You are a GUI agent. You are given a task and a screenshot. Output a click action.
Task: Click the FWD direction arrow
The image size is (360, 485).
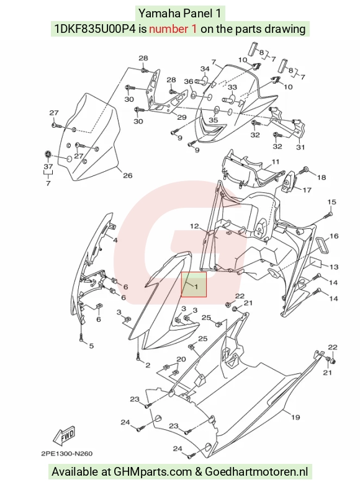coord(64,436)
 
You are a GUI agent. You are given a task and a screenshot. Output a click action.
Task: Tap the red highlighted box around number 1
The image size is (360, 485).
coord(194,285)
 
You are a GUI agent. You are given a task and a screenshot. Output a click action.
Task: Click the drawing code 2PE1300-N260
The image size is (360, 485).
coord(66,454)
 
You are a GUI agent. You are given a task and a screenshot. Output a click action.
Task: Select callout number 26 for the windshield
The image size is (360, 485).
coord(127,176)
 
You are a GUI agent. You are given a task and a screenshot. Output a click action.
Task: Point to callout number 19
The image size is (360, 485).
coord(295,417)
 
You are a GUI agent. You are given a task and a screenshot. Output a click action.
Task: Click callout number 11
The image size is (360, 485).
coord(276,162)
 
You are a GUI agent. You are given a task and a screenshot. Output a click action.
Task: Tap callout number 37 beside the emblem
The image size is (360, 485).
coord(48,166)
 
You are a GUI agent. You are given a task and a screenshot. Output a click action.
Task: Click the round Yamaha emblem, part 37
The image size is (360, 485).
coord(48,154)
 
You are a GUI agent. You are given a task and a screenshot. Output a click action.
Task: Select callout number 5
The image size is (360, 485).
coord(91,346)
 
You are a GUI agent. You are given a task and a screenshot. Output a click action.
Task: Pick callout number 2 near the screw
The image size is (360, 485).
coord(148,365)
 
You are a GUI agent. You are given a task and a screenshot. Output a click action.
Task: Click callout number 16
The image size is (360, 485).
coord(334,236)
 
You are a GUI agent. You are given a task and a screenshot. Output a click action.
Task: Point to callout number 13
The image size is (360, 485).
coord(334,267)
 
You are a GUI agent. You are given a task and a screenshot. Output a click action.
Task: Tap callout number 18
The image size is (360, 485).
coord(322,177)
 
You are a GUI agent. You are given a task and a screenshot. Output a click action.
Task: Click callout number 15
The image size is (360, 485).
coord(331,202)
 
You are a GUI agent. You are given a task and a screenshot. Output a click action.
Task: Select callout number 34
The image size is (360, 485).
coord(205,69)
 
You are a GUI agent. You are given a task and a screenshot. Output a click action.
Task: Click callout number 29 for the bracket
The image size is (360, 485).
coord(182,117)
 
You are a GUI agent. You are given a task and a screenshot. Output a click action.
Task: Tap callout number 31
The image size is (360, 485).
coord(300,147)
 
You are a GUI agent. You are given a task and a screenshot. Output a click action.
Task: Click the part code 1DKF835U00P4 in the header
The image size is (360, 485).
coord(96,29)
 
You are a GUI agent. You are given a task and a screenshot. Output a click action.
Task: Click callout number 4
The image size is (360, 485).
coord(115,241)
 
